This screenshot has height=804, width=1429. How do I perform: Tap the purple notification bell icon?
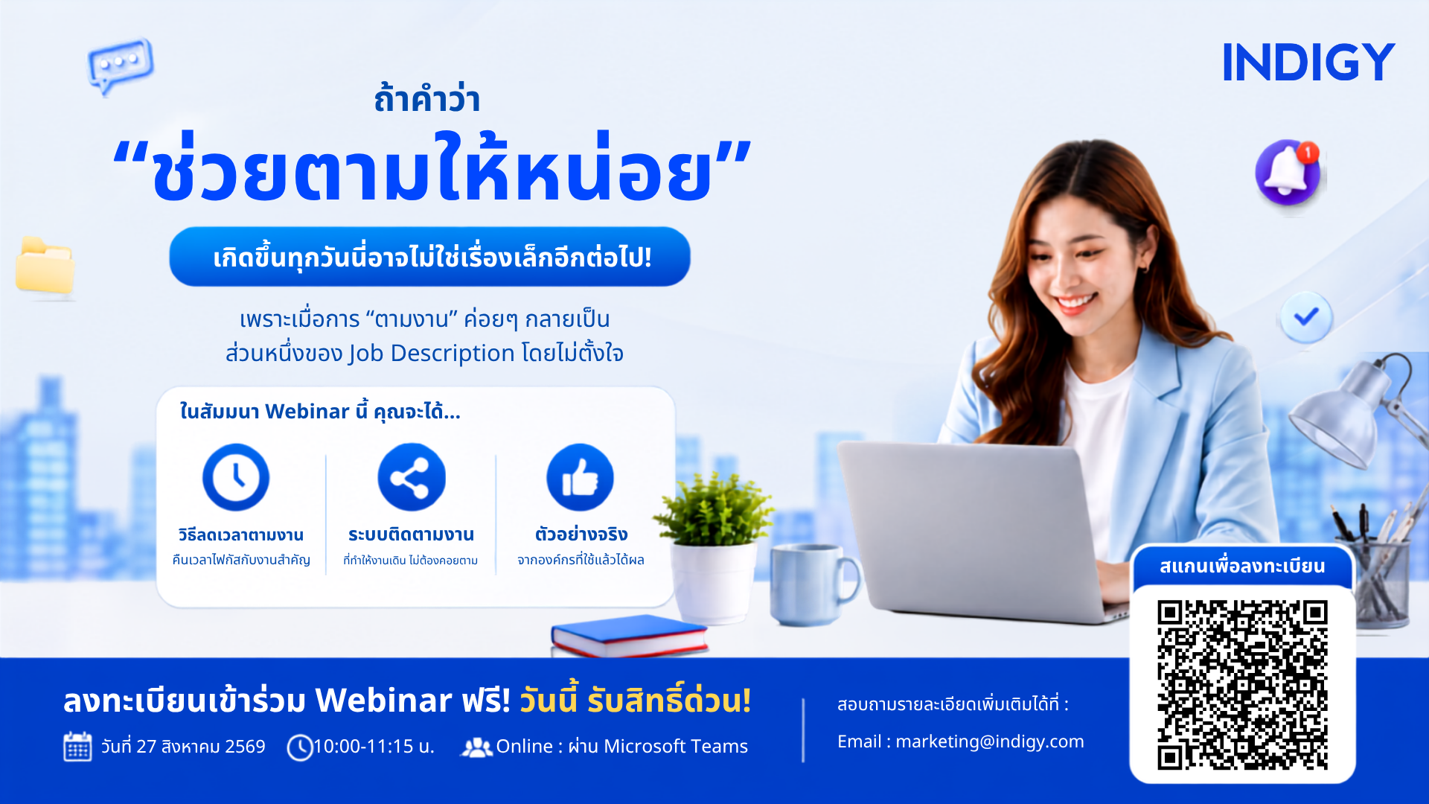pos(1288,172)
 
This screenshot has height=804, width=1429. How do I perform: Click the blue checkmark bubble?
pos(1306,317)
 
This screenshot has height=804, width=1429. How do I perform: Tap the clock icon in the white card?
pos(236,477)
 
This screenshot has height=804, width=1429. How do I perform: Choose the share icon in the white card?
pos(411,477)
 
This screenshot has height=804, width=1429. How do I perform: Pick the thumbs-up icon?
pos(580,477)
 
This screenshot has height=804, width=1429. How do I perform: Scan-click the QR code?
pos(1242,685)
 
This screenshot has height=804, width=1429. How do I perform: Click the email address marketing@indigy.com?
pos(990,741)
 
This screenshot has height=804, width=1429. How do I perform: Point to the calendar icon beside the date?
pos(77,747)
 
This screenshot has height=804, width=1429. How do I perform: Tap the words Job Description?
pos(432,354)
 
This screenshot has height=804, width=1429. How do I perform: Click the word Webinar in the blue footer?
pos(383,701)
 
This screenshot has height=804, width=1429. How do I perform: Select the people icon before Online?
pos(476,747)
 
